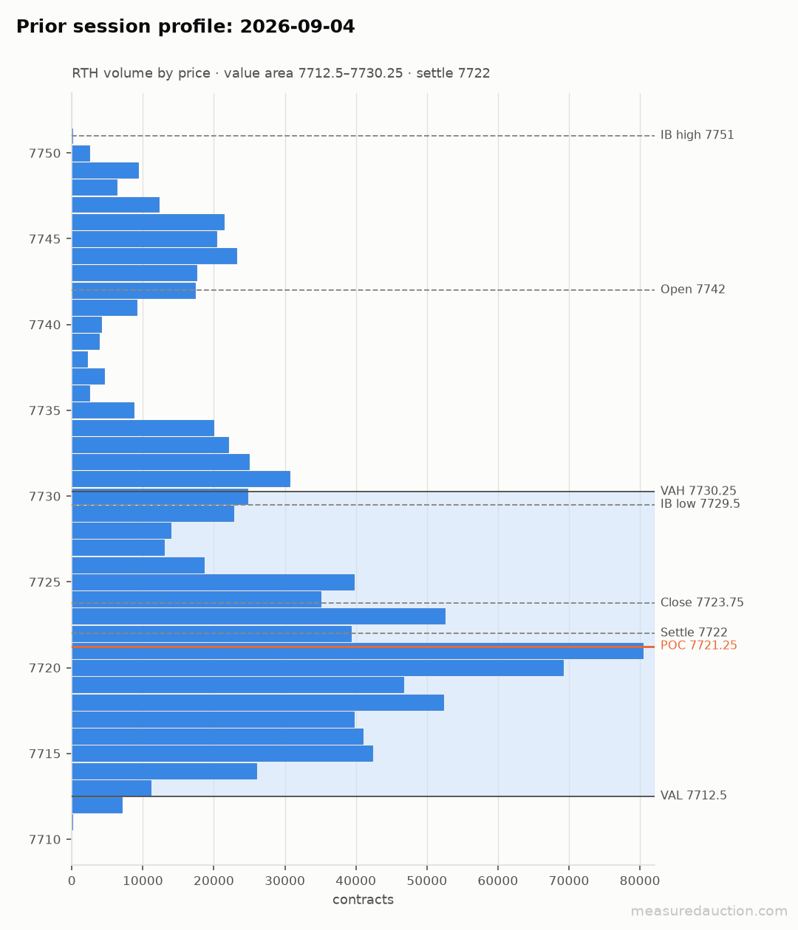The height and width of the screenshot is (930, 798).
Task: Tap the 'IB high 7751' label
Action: click(x=697, y=135)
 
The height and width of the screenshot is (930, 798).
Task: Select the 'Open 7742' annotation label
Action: click(x=692, y=289)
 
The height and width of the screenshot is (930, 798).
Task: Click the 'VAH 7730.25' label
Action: click(x=698, y=490)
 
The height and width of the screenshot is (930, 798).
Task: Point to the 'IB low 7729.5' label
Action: click(x=700, y=503)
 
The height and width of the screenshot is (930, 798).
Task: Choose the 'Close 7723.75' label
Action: click(x=702, y=602)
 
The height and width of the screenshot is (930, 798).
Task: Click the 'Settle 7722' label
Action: click(x=694, y=632)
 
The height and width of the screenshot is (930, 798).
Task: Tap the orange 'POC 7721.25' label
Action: click(x=698, y=645)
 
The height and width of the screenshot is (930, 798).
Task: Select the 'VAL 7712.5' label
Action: click(x=693, y=796)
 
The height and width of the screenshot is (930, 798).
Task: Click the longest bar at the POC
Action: click(x=358, y=650)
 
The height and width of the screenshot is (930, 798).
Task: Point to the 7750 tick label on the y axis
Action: click(x=44, y=154)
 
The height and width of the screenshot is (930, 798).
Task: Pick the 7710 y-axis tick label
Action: click(x=44, y=839)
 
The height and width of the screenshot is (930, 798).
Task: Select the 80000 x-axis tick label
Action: click(x=639, y=881)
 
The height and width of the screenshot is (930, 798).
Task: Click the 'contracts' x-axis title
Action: click(x=363, y=900)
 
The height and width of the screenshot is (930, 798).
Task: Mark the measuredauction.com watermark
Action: click(x=709, y=911)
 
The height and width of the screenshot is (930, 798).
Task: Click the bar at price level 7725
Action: click(x=214, y=582)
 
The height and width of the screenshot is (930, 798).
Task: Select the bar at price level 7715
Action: click(x=222, y=754)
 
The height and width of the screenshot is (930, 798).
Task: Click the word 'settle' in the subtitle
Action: click(x=435, y=73)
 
